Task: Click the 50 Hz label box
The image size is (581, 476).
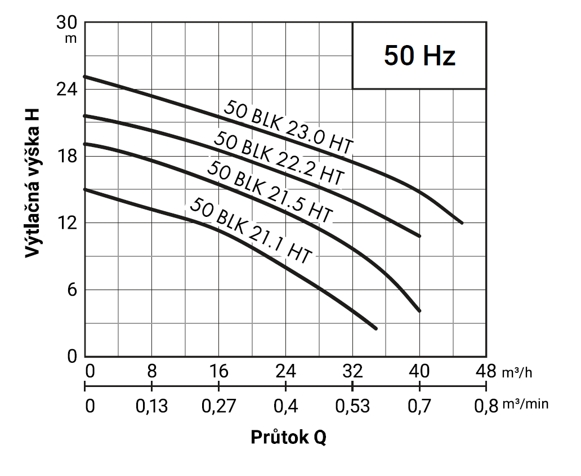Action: coord(419,56)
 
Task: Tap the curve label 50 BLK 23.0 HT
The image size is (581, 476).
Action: coord(288,127)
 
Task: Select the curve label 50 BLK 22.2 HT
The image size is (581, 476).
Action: coord(279,158)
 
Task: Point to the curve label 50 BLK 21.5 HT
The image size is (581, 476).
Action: coord(269,192)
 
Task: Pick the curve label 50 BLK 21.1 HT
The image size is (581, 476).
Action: coord(251,231)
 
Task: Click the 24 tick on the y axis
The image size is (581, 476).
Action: coord(67,90)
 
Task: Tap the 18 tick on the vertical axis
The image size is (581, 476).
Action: coord(67,156)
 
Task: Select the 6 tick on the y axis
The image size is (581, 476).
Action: coord(72,290)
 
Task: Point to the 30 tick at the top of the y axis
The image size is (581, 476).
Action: coord(67,23)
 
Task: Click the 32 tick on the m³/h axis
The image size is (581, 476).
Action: coord(352,371)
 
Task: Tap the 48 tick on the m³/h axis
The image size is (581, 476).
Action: coord(486,371)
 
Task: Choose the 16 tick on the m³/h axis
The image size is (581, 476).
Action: coord(218,371)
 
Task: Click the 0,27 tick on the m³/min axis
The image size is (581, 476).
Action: coord(218,406)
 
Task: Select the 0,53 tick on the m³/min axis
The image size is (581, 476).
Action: coord(352,406)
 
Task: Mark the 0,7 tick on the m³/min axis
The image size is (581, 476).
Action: coord(419,406)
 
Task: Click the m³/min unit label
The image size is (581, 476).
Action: coord(525,404)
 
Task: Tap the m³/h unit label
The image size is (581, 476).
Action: coord(517,372)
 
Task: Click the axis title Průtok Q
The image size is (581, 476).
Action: coord(289,438)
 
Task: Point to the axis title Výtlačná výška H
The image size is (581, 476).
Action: coord(32,183)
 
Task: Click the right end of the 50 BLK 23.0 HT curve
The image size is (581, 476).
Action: coord(462,223)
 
